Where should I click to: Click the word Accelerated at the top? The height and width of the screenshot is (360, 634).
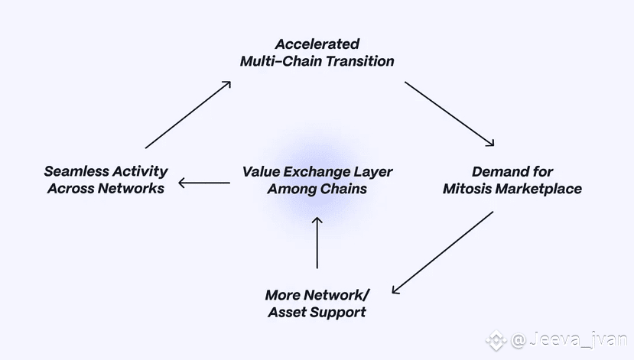coord(317,44)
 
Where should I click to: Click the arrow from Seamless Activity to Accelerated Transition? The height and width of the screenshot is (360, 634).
coord(187,114)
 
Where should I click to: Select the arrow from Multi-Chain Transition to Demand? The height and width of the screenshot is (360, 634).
coord(450,113)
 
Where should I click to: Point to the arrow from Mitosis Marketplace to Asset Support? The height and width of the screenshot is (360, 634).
coord(442,253)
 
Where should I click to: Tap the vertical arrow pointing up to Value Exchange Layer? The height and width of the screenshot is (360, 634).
coord(317,242)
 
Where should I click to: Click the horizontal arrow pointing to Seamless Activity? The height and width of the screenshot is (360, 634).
coord(204,183)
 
